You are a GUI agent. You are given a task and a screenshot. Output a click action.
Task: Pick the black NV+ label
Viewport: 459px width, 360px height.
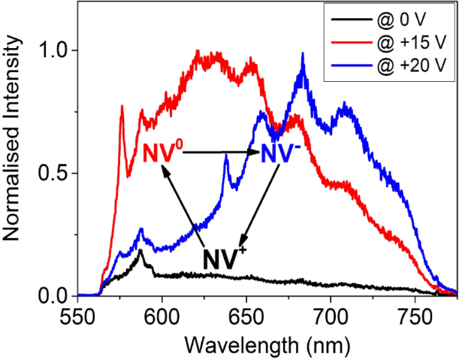(x=222, y=259)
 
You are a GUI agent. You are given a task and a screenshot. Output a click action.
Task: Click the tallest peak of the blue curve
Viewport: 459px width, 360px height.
(x=303, y=54)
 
